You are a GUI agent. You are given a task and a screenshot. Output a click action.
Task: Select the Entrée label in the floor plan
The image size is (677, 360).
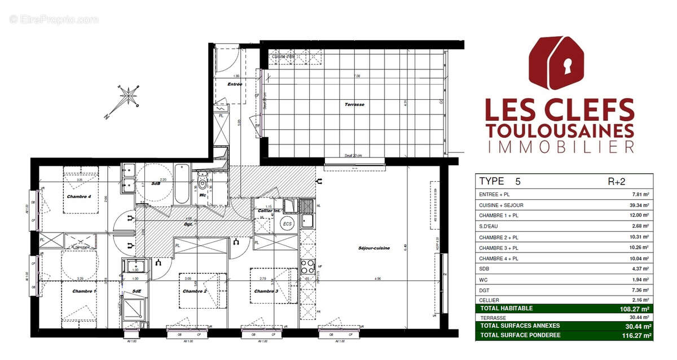(234, 84)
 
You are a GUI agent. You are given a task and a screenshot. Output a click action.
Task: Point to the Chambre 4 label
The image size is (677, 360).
(78, 196)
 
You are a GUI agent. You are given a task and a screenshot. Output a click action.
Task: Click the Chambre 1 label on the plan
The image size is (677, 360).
(84, 291)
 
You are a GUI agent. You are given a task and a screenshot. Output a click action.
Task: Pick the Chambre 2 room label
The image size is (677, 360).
(195, 291)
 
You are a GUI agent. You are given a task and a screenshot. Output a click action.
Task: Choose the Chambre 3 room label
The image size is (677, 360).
(266, 291)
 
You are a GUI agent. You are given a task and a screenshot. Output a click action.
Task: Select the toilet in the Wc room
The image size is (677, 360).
(204, 185)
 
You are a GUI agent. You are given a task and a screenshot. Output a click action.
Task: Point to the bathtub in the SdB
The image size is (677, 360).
(182, 184)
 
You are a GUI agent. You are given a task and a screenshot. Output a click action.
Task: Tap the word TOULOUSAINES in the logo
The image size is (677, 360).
(560, 130)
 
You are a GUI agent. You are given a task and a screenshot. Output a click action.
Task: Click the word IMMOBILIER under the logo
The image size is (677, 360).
(560, 147)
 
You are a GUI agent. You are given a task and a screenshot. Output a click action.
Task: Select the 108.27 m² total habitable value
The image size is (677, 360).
(636, 309)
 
